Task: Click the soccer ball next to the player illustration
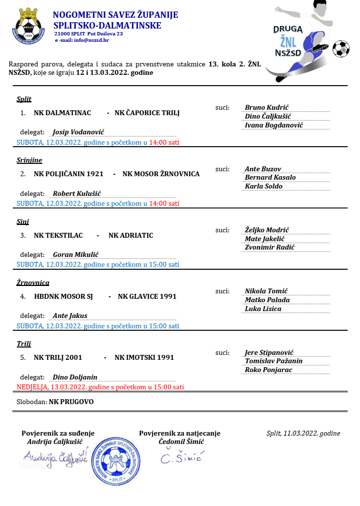(341, 49)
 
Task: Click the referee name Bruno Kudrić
(266, 107)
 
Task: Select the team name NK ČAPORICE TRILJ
(147, 113)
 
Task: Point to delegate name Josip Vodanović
(78, 132)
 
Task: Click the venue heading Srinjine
(29, 160)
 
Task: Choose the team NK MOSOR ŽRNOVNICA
(161, 174)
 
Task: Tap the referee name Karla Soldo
(263, 186)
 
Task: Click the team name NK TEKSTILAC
(56, 235)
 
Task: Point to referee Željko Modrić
(266, 230)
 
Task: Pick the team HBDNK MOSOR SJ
(64, 296)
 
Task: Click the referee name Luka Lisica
(263, 309)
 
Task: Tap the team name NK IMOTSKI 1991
(144, 357)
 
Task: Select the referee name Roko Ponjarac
(268, 370)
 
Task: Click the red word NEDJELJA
(32, 387)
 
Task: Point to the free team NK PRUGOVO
(71, 402)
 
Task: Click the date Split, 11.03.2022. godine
(303, 434)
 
